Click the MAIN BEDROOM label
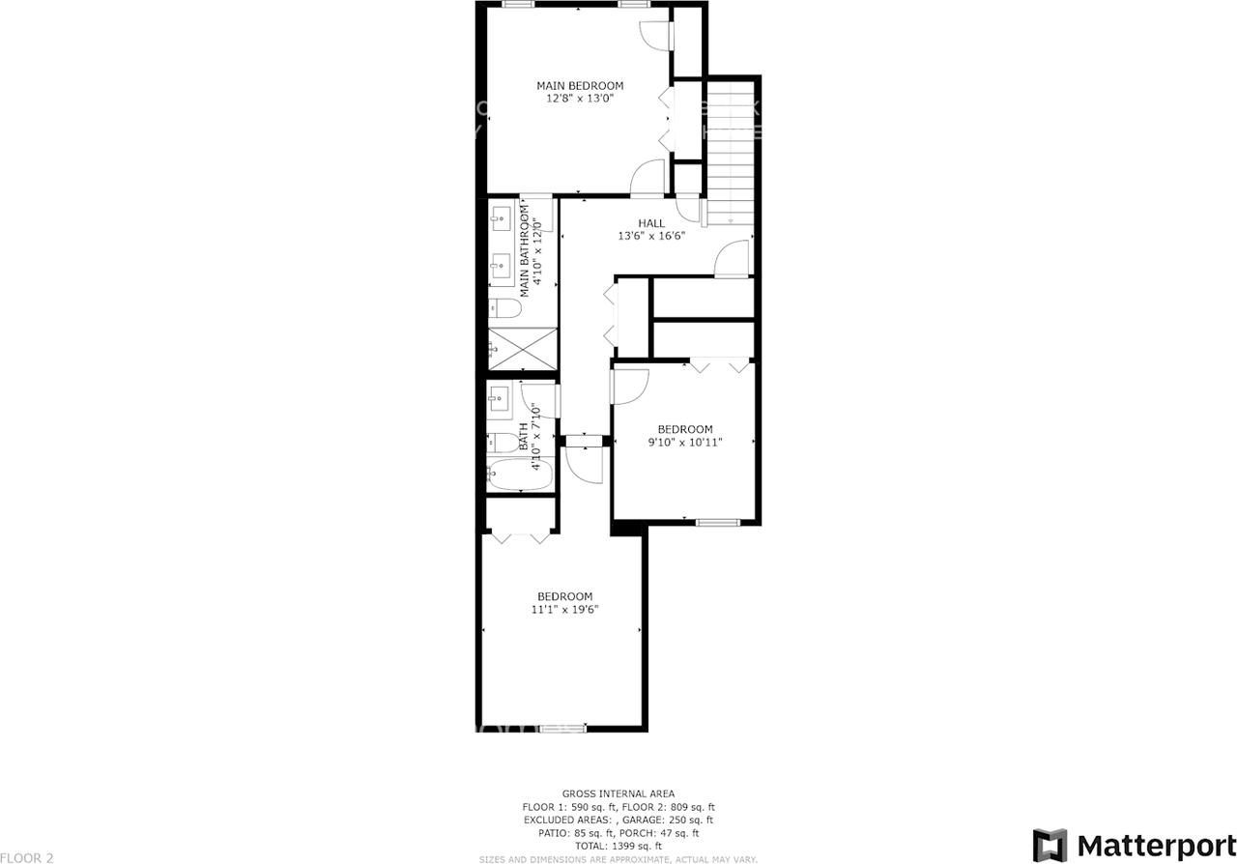click(x=580, y=86)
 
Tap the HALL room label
click(x=651, y=223)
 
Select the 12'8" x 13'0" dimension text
click(x=580, y=99)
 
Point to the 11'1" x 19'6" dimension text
click(x=565, y=610)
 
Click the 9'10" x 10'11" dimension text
click(x=685, y=443)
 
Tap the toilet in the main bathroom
click(x=504, y=309)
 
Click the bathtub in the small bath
click(x=520, y=475)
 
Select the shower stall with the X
click(x=522, y=348)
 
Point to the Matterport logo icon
click(x=1050, y=844)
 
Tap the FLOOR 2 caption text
click(x=27, y=857)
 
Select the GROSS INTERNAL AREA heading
click(x=618, y=793)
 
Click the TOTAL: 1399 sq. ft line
click(x=618, y=846)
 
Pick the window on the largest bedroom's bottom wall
click(x=562, y=727)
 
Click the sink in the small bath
click(x=500, y=397)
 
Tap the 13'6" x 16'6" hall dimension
click(x=651, y=236)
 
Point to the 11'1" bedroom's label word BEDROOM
click(x=565, y=596)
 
